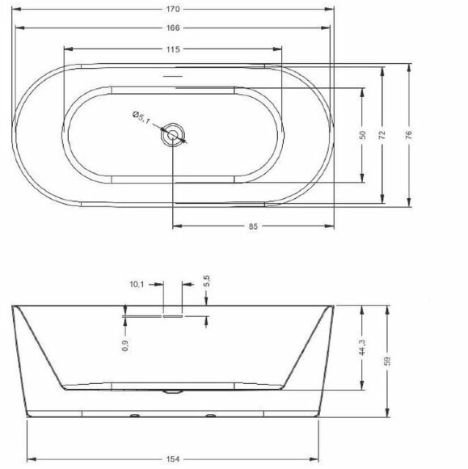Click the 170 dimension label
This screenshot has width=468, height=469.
(x=173, y=9)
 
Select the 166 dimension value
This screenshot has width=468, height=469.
(x=173, y=27)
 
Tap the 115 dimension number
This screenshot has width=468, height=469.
(x=173, y=49)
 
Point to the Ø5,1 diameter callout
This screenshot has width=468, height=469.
(x=141, y=117)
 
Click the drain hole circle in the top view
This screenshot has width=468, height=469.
(x=172, y=135)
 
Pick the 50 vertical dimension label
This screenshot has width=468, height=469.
(x=362, y=135)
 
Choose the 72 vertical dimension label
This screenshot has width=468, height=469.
(x=382, y=135)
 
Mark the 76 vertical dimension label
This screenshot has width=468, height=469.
(x=409, y=135)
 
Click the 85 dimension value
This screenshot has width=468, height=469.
(x=253, y=226)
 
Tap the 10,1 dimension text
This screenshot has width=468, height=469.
(x=137, y=284)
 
